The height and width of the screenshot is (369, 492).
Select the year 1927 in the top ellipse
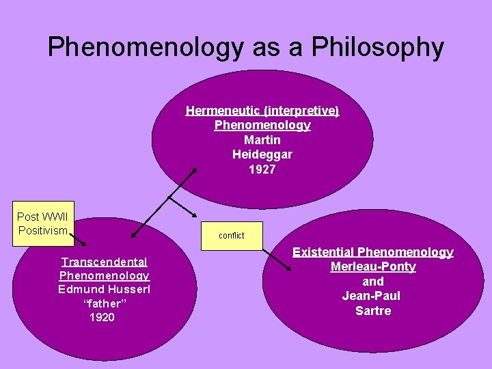tap(262, 169)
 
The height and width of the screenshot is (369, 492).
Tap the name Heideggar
tap(262, 154)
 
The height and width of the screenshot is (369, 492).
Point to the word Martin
tap(262, 139)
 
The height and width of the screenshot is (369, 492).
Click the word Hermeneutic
tap(219, 110)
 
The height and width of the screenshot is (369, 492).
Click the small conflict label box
tap(231, 236)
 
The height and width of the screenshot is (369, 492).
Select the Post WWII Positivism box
tap(43, 223)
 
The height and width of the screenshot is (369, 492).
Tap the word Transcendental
tap(105, 262)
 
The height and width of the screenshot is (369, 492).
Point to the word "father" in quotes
tap(103, 303)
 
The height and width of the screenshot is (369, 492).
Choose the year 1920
tap(102, 318)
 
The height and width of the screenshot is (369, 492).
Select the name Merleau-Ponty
tap(373, 266)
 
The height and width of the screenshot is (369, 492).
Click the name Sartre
tap(373, 311)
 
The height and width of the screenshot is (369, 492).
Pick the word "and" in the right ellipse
tap(373, 282)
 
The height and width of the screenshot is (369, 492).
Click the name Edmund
tap(80, 289)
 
